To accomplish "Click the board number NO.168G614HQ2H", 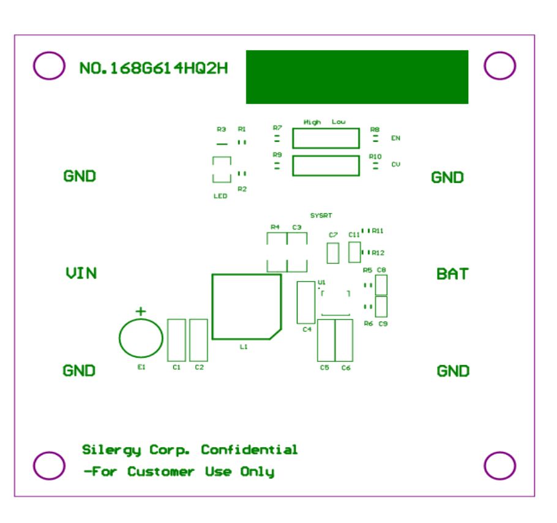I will tap(154, 68).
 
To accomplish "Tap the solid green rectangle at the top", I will tap(357, 77).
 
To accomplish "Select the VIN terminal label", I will tap(81, 273).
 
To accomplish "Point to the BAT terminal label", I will tap(452, 274).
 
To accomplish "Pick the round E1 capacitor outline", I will tap(141, 337).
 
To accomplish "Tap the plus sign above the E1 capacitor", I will tap(141, 311).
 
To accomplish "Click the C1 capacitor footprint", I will tap(176, 339).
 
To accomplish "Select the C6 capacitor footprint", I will tap(344, 340).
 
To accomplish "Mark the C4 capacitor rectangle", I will tap(306, 302).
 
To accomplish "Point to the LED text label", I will tap(220, 196).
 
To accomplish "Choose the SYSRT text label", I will tap(321, 216).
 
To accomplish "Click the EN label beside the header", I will tap(395, 138).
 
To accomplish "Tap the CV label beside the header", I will tap(395, 165).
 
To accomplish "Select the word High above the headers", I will tap(312, 122).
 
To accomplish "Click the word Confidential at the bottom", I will tap(249, 450).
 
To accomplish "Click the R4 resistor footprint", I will tap(277, 252).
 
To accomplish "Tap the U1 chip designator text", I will tap(321, 282).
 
